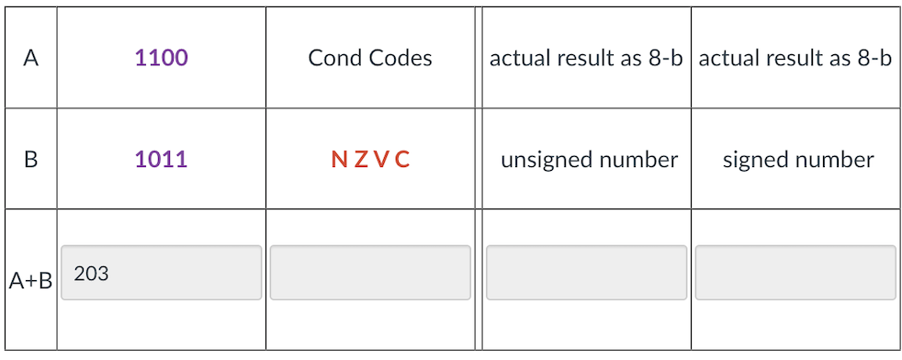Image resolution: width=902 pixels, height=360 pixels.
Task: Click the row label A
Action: point(30,59)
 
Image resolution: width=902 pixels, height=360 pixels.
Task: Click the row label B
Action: point(30,160)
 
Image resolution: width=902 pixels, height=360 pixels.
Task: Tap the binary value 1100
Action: point(161,59)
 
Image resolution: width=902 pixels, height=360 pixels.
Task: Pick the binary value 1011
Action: point(161,160)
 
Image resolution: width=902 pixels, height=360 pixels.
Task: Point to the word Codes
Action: point(400,59)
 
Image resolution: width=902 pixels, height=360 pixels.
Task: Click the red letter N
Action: point(338,160)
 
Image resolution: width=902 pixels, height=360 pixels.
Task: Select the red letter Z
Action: point(359,160)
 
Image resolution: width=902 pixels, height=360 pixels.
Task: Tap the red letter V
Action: point(380,160)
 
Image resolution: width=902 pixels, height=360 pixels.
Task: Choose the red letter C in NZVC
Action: point(402,160)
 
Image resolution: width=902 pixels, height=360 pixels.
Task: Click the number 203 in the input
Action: point(91,273)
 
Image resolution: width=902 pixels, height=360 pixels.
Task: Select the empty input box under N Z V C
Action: point(370,273)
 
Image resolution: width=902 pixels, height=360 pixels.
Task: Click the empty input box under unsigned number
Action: point(586,273)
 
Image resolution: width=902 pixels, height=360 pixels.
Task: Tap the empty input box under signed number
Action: point(795,273)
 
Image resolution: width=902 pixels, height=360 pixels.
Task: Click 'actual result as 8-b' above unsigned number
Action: point(586,59)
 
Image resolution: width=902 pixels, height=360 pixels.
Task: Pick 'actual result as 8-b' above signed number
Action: point(795,59)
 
